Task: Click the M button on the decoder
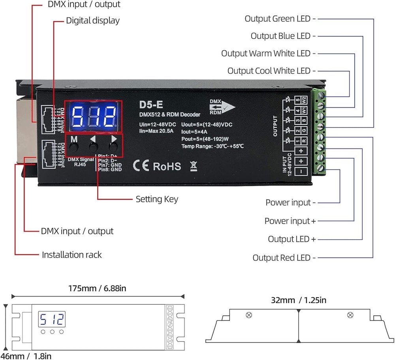click(x=73, y=147)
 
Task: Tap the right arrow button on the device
click(x=114, y=147)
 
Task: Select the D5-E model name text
click(x=150, y=105)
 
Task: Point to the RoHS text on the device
click(x=167, y=166)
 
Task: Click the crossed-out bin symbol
click(x=193, y=166)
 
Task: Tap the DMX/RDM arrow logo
click(x=222, y=107)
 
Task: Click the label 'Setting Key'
click(x=157, y=199)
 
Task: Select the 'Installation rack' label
click(x=71, y=255)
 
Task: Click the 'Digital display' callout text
click(x=92, y=21)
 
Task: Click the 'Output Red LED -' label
click(x=284, y=258)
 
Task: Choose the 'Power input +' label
click(x=290, y=221)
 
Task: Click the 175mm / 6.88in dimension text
click(x=97, y=288)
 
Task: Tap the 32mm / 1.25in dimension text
click(x=299, y=300)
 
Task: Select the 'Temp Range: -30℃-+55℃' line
click(x=213, y=146)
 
